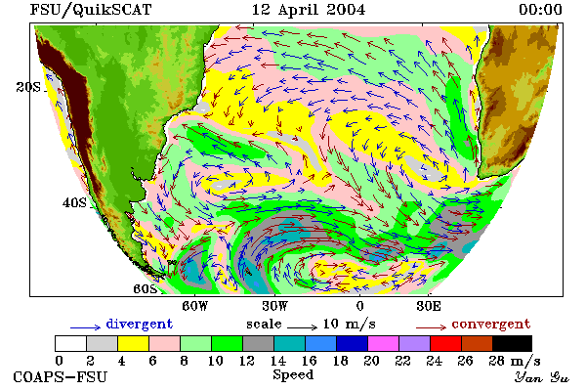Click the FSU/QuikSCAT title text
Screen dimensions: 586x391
point(91,10)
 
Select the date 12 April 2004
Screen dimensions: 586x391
point(309,10)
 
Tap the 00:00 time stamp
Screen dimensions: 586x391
point(540,10)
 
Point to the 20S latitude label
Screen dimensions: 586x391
point(28,87)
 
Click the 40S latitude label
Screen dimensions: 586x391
point(74,202)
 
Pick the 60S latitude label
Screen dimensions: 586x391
point(146,288)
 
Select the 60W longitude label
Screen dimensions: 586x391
point(195,306)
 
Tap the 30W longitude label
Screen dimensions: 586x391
point(275,306)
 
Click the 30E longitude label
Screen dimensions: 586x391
point(429,306)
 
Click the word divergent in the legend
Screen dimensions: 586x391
point(140,324)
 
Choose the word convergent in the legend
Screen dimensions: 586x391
point(491,324)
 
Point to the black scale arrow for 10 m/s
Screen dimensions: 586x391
point(303,327)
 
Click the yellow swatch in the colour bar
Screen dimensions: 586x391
point(134,343)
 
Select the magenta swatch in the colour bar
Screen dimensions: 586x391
point(384,343)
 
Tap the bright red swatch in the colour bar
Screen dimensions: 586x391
point(446,343)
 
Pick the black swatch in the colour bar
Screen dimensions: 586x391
point(512,343)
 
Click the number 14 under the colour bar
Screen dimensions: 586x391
point(277,361)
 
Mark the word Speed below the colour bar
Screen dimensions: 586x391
point(293,374)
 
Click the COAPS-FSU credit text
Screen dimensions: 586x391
point(61,376)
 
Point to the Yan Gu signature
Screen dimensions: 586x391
point(542,376)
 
